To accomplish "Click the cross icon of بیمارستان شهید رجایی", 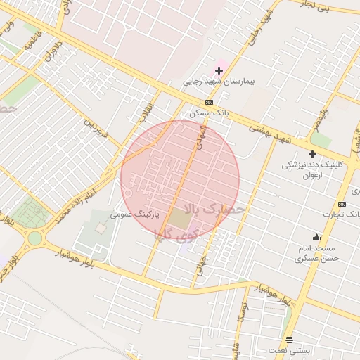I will click(x=219, y=70).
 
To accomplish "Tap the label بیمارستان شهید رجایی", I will click(x=219, y=82).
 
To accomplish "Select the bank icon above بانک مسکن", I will click(x=209, y=102).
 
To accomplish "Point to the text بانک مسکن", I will click(x=209, y=112).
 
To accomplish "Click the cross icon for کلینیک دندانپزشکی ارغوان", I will click(x=312, y=154).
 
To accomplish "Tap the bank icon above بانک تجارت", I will click(x=342, y=204).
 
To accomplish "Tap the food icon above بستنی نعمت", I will click(x=289, y=340).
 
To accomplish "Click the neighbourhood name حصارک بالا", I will click(x=214, y=209).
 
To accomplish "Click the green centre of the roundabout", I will click(x=34, y=238).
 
